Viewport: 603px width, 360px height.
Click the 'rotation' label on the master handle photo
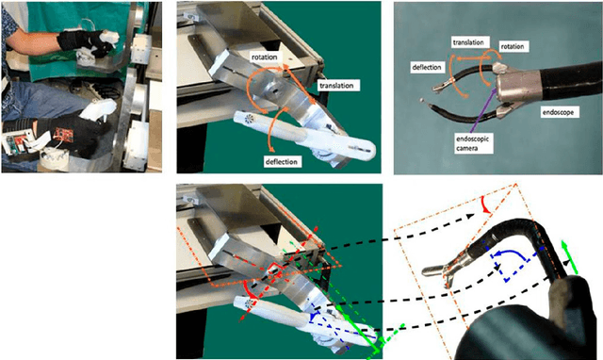point(264,57)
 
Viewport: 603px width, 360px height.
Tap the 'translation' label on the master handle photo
point(336,86)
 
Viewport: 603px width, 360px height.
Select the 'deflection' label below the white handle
point(282,162)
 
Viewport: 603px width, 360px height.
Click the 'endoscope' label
point(558,112)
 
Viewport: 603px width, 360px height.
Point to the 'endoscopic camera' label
point(473,143)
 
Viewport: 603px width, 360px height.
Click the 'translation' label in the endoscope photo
point(468,42)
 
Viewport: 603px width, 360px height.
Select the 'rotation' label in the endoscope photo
point(513,46)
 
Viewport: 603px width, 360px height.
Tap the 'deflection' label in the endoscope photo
point(427,67)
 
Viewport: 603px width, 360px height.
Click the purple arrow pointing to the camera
point(481,108)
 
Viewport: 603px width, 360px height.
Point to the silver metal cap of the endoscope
point(516,87)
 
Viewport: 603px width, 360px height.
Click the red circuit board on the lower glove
point(62,133)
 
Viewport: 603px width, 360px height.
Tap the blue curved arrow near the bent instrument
point(513,255)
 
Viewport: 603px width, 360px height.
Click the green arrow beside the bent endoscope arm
point(569,257)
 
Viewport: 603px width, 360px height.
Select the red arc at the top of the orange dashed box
point(485,205)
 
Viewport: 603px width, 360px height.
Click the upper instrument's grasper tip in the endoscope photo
point(442,86)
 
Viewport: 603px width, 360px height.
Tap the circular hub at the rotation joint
point(274,90)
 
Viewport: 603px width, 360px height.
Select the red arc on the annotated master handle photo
point(250,289)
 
